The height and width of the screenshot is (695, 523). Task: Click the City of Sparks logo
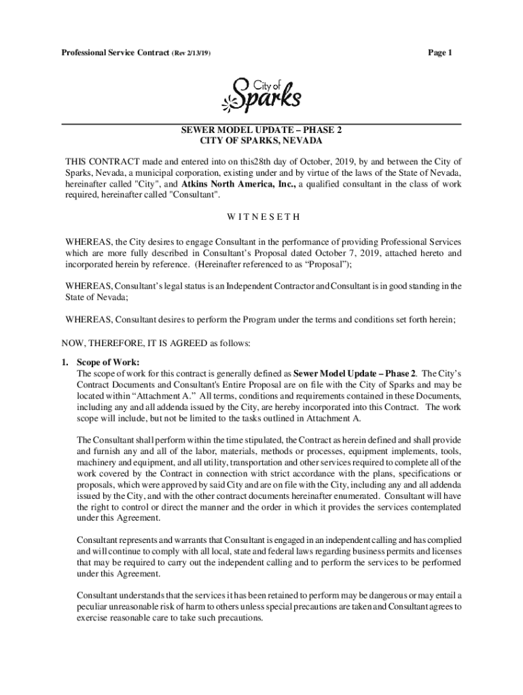(261, 94)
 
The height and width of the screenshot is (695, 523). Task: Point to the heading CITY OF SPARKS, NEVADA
(261, 140)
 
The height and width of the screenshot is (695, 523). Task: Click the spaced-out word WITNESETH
(261, 218)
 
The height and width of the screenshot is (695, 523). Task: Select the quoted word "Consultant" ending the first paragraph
(195, 194)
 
